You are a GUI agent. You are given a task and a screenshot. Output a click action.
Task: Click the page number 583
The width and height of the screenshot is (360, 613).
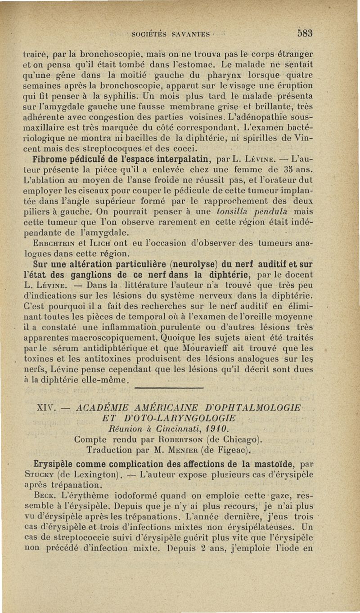point(304,33)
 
